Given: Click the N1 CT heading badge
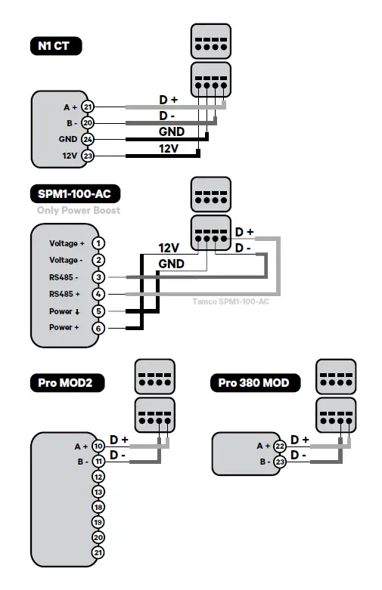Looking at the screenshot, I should click(x=55, y=46).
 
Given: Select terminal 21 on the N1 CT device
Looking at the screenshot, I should click(x=88, y=107).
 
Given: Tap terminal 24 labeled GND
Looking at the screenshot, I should click(x=88, y=139).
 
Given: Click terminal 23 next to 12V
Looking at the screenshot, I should click(x=88, y=156).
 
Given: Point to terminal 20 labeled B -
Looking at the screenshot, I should click(x=88, y=122).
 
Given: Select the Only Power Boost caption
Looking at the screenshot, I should click(x=79, y=210).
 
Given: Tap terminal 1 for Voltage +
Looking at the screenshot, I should click(x=98, y=243).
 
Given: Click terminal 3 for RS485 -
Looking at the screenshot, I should click(x=98, y=277).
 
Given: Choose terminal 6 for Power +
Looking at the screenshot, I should click(x=98, y=328).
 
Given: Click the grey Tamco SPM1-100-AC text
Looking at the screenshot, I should click(x=226, y=301).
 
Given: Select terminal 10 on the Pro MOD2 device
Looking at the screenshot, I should click(x=98, y=446).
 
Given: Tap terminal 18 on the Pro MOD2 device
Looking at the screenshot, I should click(x=98, y=507).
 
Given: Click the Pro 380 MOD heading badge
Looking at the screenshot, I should click(x=254, y=383).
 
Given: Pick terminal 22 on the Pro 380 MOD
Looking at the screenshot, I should click(x=279, y=446).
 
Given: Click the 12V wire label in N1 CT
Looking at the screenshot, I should click(x=169, y=149).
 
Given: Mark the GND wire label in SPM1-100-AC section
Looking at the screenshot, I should click(x=171, y=263).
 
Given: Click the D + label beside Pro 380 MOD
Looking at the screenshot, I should click(x=300, y=440).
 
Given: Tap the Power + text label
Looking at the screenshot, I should click(x=64, y=328).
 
